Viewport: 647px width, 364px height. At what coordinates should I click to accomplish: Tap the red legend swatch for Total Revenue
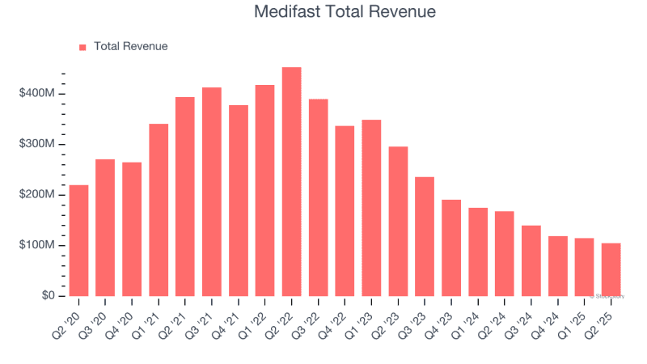[82, 47]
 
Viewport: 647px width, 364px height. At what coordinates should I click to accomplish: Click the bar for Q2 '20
[78, 240]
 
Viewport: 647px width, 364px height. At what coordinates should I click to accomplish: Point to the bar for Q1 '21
[159, 210]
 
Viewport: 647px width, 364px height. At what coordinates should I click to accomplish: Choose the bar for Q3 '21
[212, 192]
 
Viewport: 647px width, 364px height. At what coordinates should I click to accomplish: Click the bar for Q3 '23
[425, 236]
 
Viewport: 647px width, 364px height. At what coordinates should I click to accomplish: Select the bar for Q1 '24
[478, 252]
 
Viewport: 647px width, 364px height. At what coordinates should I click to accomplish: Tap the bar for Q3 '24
[531, 260]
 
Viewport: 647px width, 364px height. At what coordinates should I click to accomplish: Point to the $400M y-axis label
[37, 94]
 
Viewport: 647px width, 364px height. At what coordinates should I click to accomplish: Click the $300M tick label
[37, 144]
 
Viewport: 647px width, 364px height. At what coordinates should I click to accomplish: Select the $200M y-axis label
[37, 195]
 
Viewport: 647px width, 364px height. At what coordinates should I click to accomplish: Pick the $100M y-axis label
[37, 245]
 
